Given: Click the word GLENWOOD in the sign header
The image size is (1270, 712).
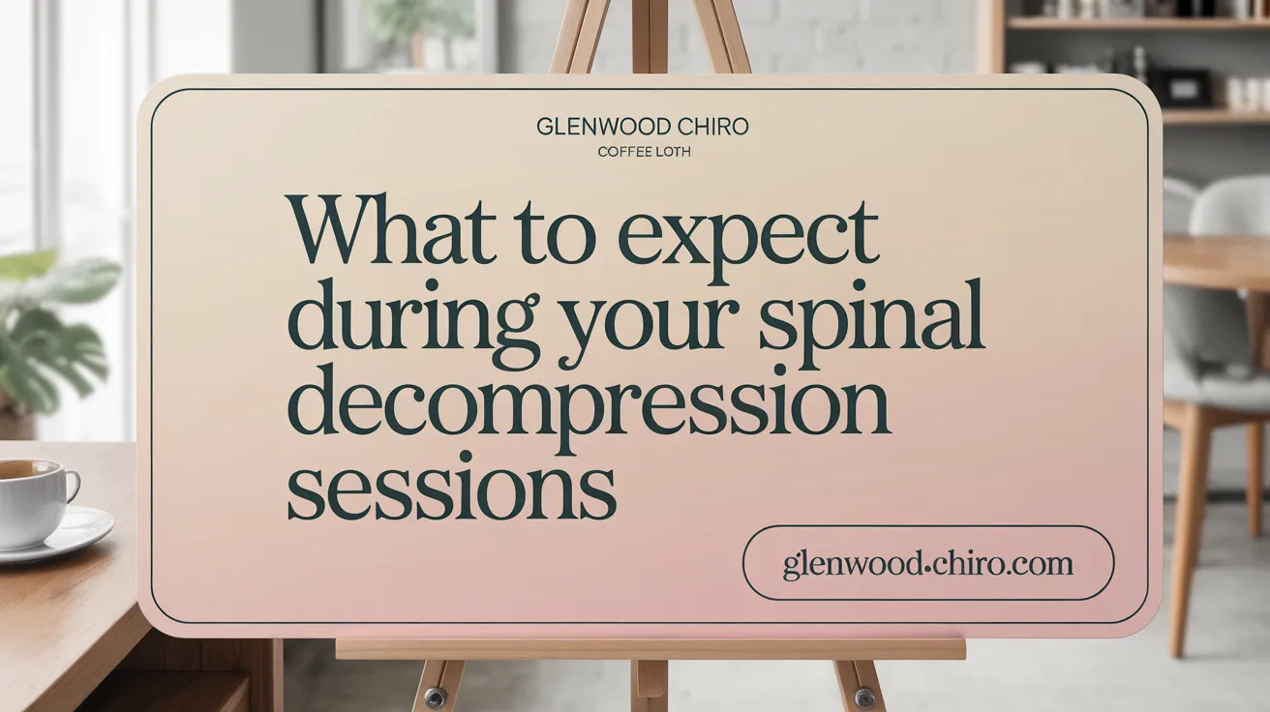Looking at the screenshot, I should [x=590, y=128].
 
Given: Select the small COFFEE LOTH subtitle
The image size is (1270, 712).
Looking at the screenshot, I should [x=644, y=152].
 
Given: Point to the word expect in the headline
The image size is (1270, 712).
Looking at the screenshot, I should [x=747, y=237].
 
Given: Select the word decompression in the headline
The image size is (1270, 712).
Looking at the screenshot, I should [x=588, y=407].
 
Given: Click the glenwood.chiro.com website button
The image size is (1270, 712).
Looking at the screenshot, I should [x=927, y=563].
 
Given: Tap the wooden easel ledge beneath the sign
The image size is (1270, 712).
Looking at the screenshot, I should [x=650, y=648].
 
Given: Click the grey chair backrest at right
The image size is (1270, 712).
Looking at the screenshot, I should [x=1227, y=209].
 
